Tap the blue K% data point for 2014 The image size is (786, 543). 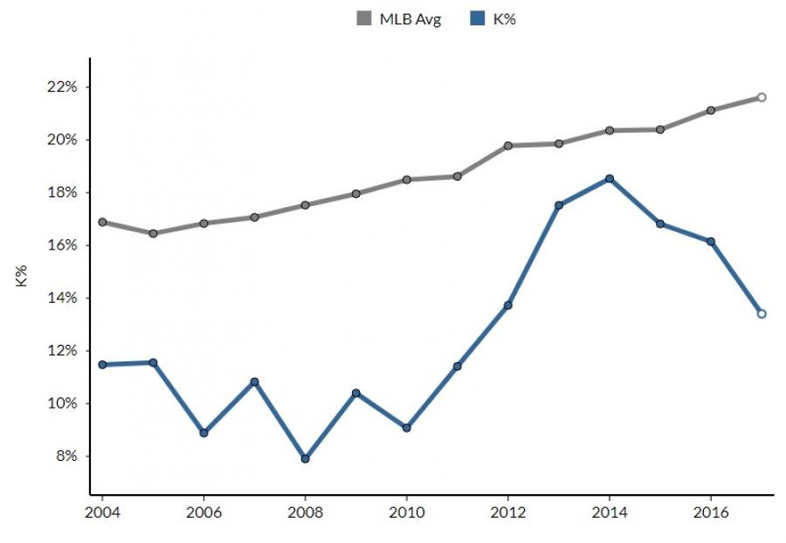point(610,179)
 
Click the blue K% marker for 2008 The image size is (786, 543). point(305,458)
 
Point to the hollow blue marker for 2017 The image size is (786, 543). point(762,313)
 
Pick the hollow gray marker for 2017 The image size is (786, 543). point(762,97)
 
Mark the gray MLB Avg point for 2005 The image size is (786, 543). point(153,233)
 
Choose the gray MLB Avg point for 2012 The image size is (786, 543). point(508,146)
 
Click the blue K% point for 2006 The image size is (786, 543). point(203,433)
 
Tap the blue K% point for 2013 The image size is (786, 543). point(559,205)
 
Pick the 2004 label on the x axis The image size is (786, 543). point(102,511)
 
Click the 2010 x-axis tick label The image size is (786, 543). point(407,511)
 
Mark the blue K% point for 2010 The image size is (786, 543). point(407,428)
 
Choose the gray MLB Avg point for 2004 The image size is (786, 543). point(102,222)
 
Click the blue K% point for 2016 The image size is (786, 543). point(711,241)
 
